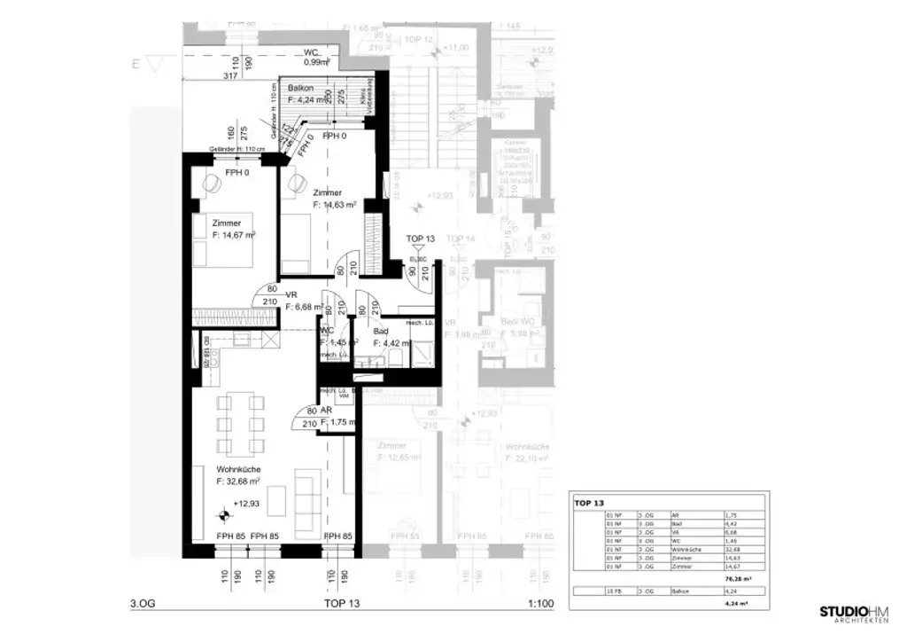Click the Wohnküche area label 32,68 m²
pos(237,481)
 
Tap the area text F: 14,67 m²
pos(234,235)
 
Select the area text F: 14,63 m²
pos(334,204)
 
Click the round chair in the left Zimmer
pos(213,184)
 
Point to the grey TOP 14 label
pos(461,239)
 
